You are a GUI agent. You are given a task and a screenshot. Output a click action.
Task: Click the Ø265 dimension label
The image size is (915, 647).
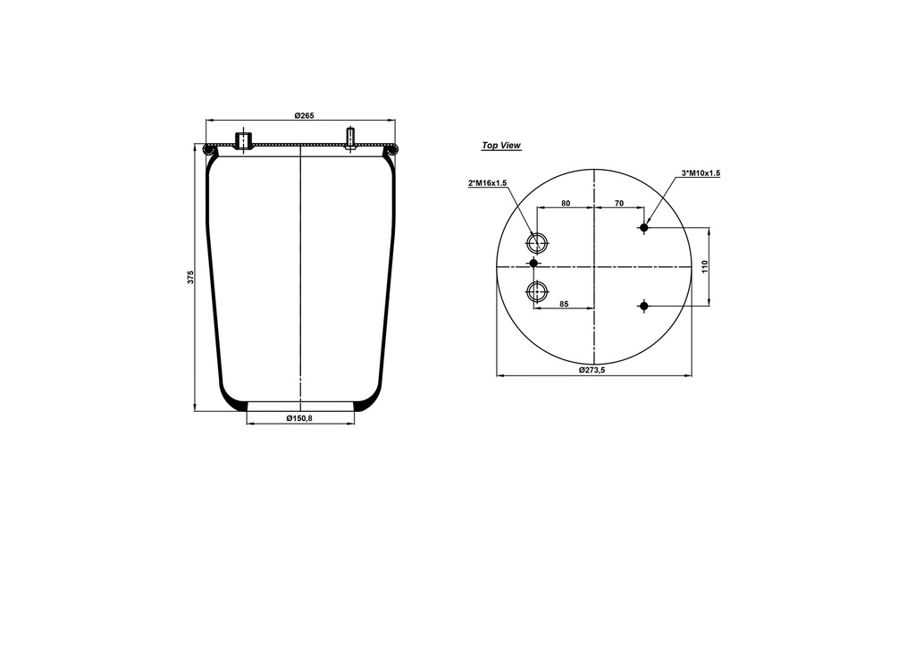click(304, 115)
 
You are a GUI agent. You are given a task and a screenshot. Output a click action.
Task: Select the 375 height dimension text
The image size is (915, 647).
click(190, 277)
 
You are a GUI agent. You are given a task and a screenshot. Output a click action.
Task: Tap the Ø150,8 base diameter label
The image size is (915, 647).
click(299, 418)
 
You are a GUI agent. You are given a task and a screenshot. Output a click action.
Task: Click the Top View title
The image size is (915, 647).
click(501, 145)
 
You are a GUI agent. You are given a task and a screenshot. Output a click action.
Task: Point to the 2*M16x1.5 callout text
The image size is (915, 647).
click(487, 183)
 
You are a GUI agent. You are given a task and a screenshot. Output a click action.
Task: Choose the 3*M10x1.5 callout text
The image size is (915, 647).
click(701, 173)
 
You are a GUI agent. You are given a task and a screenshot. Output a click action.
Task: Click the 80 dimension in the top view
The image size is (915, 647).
click(566, 203)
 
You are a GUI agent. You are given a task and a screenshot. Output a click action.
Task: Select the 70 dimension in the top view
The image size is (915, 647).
click(618, 203)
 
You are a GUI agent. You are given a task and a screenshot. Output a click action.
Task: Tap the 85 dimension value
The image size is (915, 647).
click(564, 303)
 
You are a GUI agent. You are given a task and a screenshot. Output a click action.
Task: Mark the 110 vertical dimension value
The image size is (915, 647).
click(705, 266)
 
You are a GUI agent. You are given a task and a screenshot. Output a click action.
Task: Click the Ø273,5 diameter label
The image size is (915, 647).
click(592, 370)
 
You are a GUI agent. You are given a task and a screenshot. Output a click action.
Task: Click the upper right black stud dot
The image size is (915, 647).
click(643, 228)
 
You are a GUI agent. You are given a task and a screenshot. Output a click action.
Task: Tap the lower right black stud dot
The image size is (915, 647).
click(643, 307)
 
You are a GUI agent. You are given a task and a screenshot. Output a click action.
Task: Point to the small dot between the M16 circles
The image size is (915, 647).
click(534, 264)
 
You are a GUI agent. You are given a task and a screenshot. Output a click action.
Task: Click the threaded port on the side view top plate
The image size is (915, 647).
click(241, 140)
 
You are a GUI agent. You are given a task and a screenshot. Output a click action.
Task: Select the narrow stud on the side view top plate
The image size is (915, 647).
click(351, 138)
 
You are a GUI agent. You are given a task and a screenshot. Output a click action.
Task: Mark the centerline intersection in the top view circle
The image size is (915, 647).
click(593, 266)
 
